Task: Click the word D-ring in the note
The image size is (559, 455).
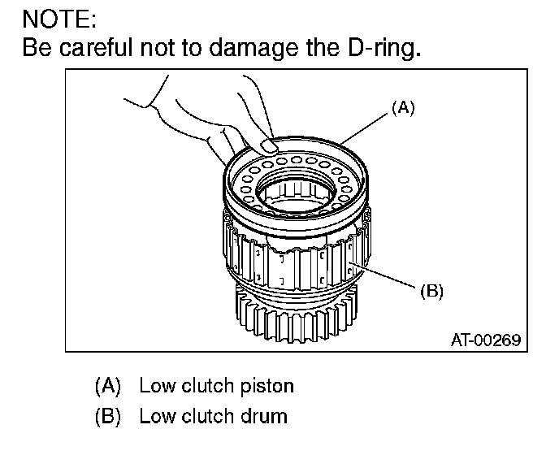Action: click(x=386, y=49)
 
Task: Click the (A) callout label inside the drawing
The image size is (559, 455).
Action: click(x=402, y=107)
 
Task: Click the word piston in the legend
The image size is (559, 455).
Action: click(x=263, y=385)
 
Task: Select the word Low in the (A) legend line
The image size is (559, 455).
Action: click(x=156, y=385)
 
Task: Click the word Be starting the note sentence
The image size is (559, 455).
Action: click(x=37, y=49)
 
